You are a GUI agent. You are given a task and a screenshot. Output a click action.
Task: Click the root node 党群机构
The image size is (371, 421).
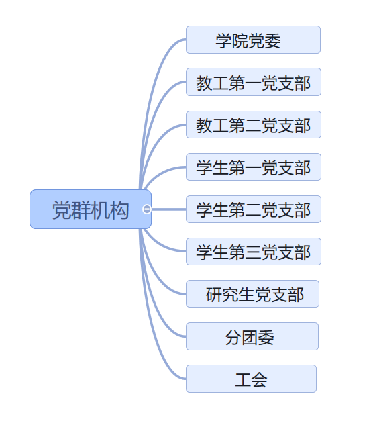[91, 209]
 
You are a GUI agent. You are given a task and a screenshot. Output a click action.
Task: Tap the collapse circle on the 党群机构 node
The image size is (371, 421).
[147, 209]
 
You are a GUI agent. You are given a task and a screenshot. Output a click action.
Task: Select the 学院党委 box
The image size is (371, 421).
[253, 40]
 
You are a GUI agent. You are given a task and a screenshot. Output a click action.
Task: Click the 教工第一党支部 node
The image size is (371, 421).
[254, 82]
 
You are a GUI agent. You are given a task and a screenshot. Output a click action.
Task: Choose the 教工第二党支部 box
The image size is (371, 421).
[254, 125]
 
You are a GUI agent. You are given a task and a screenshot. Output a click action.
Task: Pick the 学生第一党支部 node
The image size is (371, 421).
[254, 167]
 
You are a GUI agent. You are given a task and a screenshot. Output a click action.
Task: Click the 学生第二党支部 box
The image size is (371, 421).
[254, 209]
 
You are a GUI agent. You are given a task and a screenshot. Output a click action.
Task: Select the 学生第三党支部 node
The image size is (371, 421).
[254, 252]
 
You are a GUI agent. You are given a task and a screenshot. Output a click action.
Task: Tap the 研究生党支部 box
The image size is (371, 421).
[252, 293]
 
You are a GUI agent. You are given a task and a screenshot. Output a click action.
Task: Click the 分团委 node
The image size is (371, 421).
[252, 336]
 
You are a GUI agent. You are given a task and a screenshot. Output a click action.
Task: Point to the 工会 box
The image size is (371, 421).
[251, 379]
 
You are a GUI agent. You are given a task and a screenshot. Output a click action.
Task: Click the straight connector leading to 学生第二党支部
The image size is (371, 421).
[169, 209]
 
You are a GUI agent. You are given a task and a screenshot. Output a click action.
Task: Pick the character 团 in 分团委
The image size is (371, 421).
[250, 338]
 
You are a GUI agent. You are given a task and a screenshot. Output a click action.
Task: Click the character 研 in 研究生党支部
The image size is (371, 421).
[214, 295]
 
